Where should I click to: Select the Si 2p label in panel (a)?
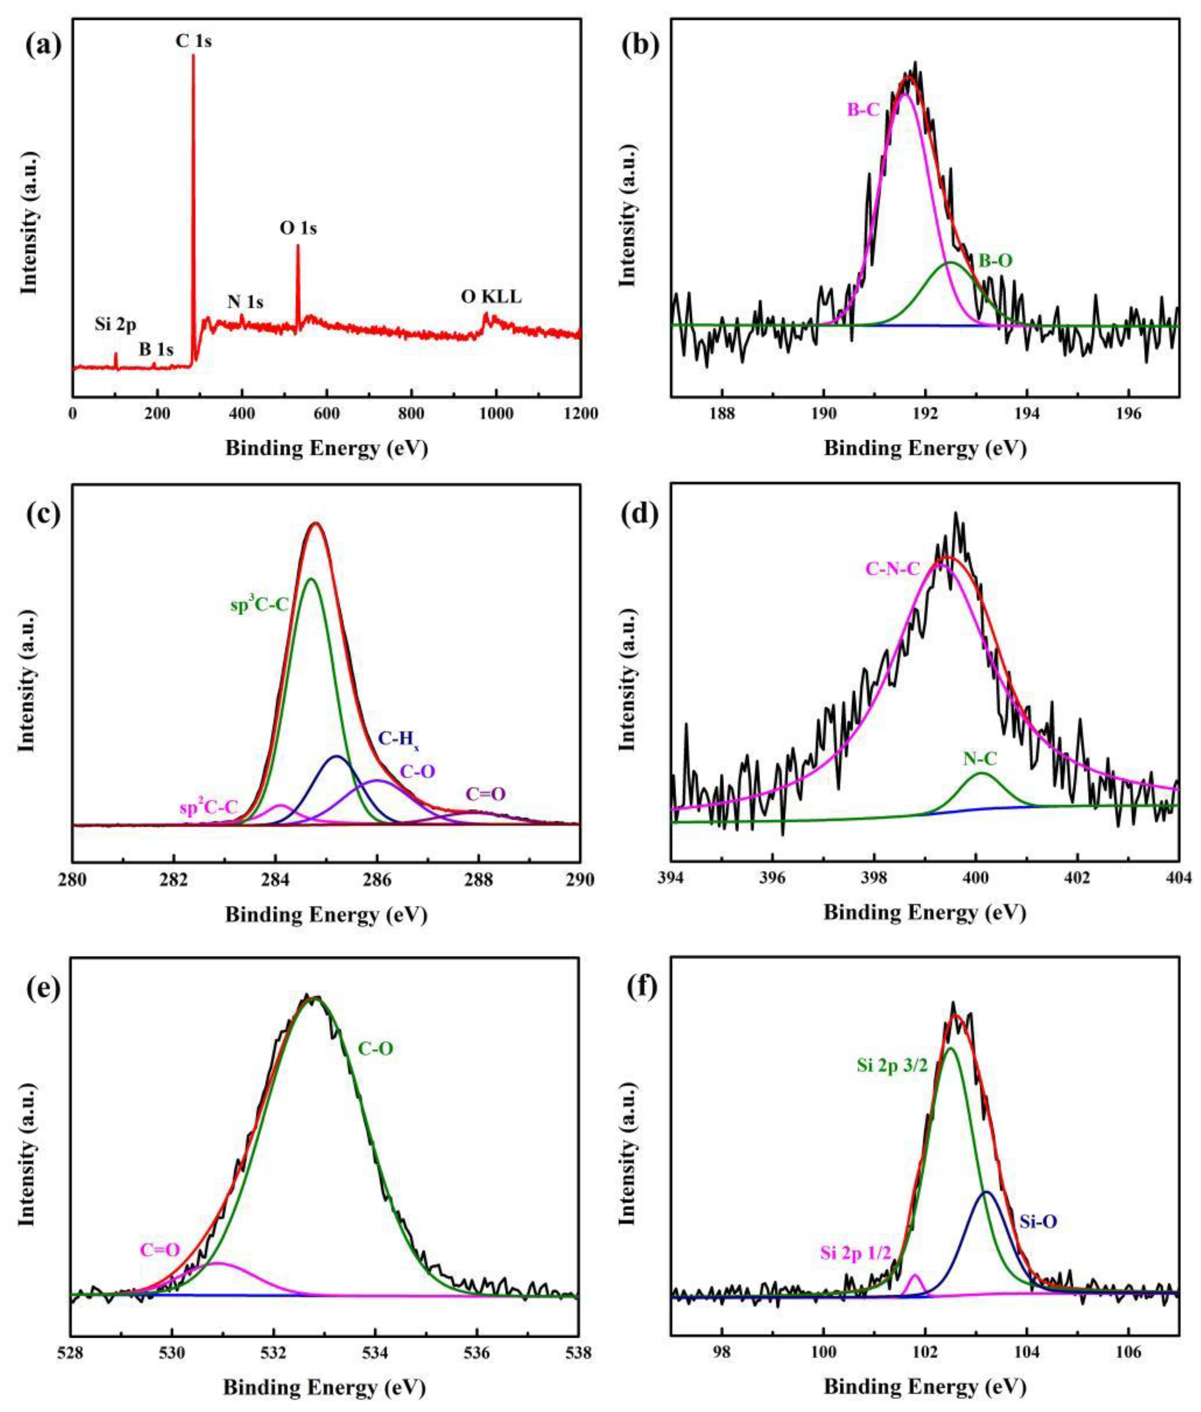[x=115, y=324]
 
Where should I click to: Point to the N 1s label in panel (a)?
[x=245, y=302]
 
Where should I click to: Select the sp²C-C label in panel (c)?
[x=208, y=808]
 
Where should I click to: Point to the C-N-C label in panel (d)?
[x=892, y=570]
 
